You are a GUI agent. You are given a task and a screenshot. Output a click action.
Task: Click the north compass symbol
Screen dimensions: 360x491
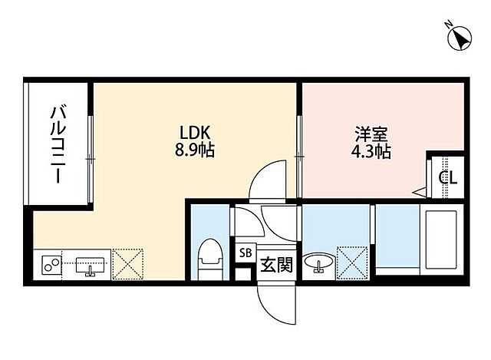(460, 38)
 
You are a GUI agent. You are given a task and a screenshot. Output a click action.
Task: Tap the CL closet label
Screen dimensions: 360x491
(448, 178)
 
